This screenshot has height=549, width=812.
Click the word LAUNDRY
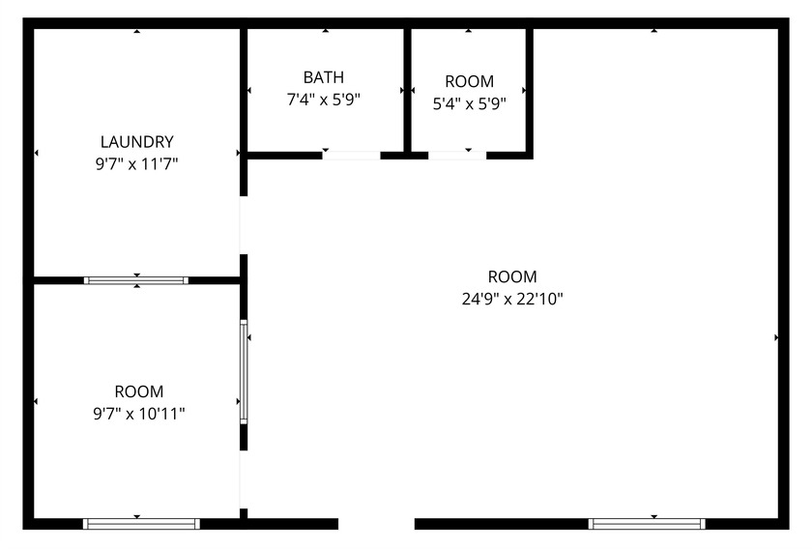pyautogui.click(x=136, y=141)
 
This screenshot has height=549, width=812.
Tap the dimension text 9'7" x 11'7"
pyautogui.click(x=136, y=164)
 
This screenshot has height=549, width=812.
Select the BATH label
pyautogui.click(x=323, y=77)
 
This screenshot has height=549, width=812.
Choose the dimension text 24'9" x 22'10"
pyautogui.click(x=512, y=299)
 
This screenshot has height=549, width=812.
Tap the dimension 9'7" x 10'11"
pyautogui.click(x=139, y=414)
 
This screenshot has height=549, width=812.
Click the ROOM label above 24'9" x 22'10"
pyautogui.click(x=512, y=276)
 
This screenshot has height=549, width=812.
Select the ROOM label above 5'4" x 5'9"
pyautogui.click(x=469, y=81)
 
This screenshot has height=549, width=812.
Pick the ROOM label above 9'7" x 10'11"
pyautogui.click(x=139, y=391)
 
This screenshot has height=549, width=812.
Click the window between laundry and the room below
pyautogui.click(x=136, y=280)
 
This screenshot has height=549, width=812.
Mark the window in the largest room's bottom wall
pyautogui.click(x=647, y=524)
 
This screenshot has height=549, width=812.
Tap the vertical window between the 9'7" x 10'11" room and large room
pyautogui.click(x=244, y=372)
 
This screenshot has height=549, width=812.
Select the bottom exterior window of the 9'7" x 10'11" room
pyautogui.click(x=141, y=524)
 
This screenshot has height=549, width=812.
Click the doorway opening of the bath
pyautogui.click(x=351, y=154)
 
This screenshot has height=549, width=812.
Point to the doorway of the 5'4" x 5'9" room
pyautogui.click(x=456, y=154)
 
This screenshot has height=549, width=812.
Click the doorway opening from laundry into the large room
pyautogui.click(x=244, y=225)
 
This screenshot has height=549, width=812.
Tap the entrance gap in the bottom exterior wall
pyautogui.click(x=376, y=524)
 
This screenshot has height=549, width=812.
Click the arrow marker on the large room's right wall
pyautogui.click(x=776, y=337)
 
